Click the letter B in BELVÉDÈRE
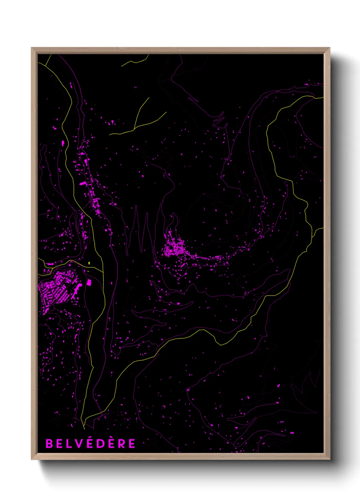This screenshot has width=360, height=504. (x=49, y=443)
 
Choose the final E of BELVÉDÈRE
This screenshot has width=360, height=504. (x=132, y=443)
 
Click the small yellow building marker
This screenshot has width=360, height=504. (x=89, y=263)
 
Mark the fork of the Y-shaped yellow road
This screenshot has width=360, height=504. (x=135, y=128)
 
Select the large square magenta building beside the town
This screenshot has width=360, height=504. (x=89, y=282)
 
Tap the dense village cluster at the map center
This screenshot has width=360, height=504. (x=174, y=248)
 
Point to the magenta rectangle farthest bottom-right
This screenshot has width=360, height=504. (x=292, y=433)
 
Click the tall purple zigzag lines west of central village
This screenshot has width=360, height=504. (x=141, y=232)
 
